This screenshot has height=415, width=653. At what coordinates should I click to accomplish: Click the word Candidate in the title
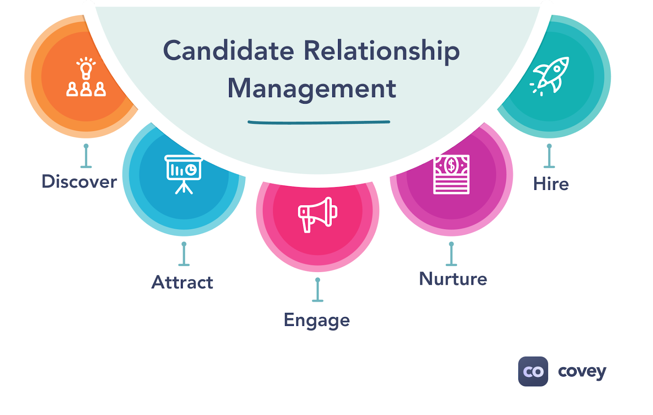click(229, 51)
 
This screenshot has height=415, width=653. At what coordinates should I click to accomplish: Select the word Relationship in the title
click(382, 52)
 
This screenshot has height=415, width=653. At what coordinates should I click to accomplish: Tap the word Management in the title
click(312, 89)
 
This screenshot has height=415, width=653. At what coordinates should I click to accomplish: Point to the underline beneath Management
click(319, 122)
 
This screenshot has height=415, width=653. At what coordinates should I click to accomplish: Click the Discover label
click(79, 182)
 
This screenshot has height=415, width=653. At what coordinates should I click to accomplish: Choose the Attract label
click(182, 282)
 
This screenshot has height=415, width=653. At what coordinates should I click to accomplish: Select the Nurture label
click(453, 279)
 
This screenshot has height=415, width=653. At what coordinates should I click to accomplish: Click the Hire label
click(551, 184)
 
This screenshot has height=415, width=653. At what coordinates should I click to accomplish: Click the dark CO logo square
click(533, 371)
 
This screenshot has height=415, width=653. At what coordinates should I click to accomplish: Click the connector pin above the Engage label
click(318, 290)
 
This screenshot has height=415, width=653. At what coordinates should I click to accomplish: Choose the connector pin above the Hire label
click(549, 156)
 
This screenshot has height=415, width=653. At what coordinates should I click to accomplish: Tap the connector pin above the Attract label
click(184, 254)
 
